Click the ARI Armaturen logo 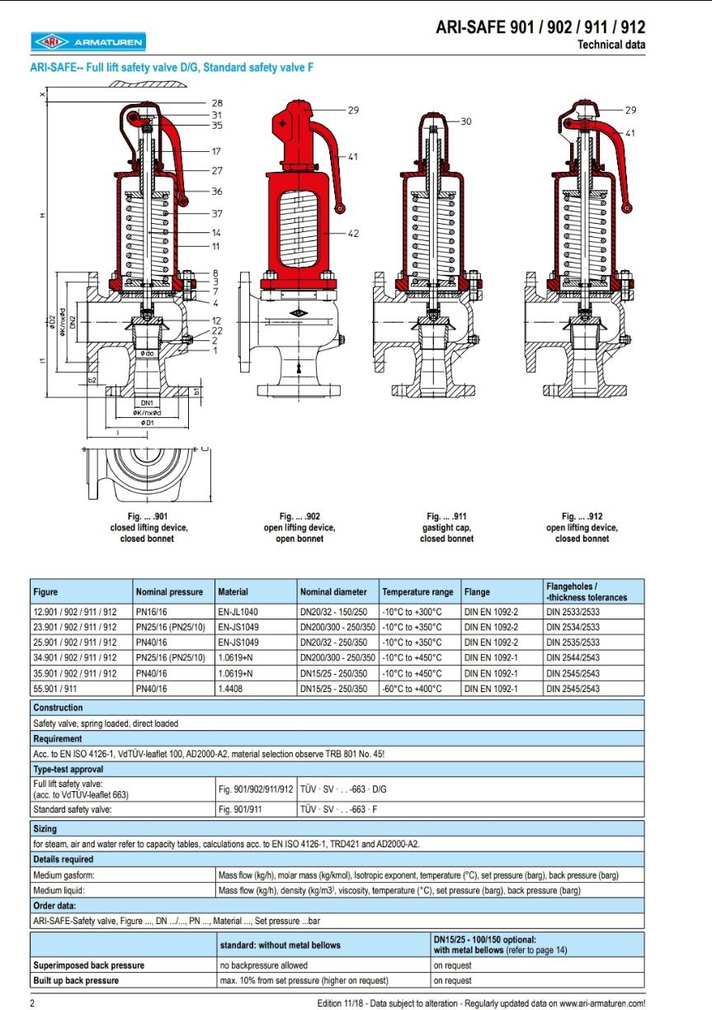coord(87,40)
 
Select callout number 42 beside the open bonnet coord(353,234)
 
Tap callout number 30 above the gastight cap coord(466,121)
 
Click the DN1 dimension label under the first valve coord(144,402)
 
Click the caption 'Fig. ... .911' coord(446,516)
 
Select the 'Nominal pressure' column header coord(169,592)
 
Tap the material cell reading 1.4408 coord(231,689)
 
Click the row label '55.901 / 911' coord(63,689)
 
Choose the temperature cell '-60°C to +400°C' coord(412,689)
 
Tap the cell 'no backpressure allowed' coord(263,965)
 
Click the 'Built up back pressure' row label coord(76,980)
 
